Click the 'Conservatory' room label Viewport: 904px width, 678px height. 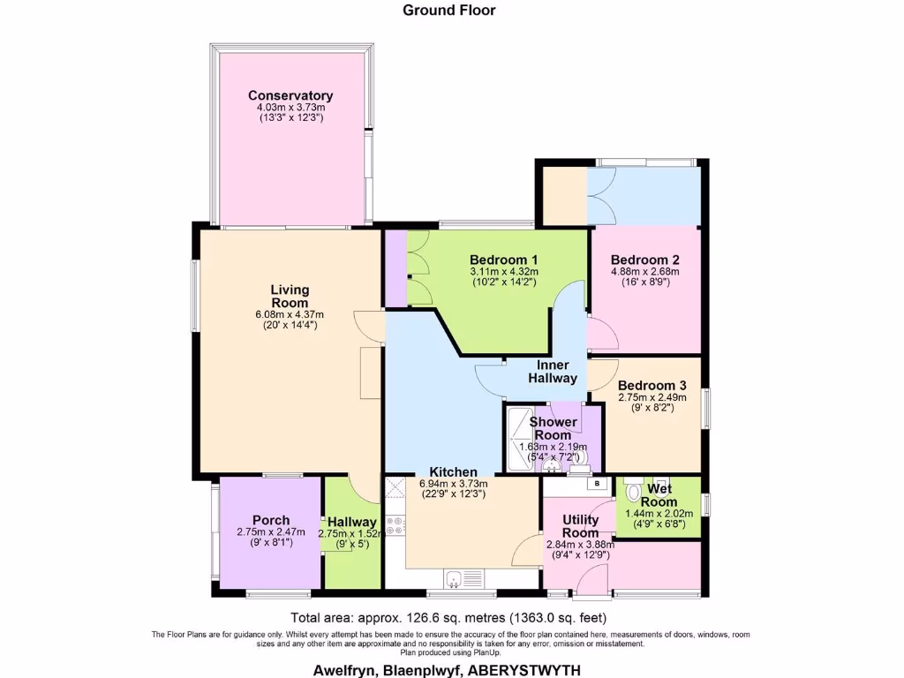pos(290,95)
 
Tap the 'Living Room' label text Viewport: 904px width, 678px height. pos(290,296)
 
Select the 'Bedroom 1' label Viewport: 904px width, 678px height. pos(504,260)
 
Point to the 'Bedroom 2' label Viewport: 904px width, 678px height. pos(645,260)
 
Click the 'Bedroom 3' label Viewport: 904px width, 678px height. pos(652,386)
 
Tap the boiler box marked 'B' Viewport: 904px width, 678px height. pos(598,484)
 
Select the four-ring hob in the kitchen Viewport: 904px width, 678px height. pos(395,526)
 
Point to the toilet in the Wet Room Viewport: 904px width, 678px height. pos(631,491)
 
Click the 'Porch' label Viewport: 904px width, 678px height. pos(270,520)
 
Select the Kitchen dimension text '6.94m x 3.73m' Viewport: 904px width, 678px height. pos(453,484)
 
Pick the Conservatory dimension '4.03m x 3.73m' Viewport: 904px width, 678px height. pos(290,107)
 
